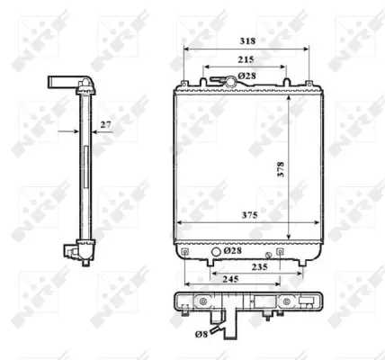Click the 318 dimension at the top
click(x=246, y=40)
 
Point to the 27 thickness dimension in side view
click(x=105, y=124)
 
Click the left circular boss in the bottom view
click(x=203, y=301)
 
